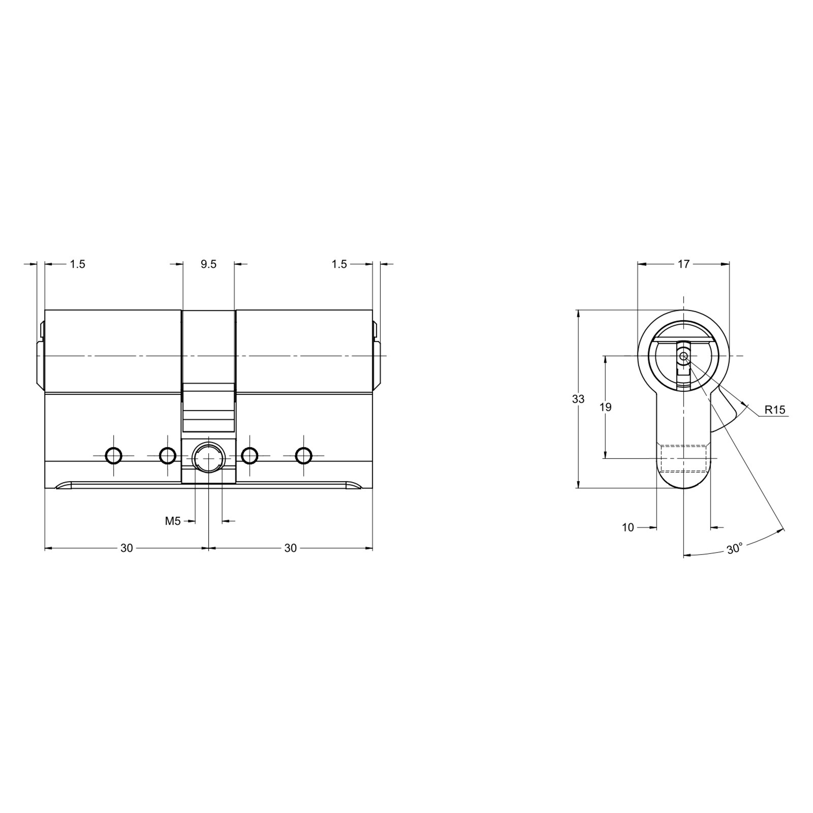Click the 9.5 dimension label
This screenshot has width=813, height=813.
(208, 264)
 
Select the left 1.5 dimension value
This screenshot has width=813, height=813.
(77, 264)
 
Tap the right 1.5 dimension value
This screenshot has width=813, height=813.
(339, 264)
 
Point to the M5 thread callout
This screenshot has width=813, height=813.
(173, 521)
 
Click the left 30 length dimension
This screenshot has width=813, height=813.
(127, 548)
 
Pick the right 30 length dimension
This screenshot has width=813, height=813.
(290, 548)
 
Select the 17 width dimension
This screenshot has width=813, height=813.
(683, 264)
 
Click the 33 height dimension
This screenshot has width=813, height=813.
(578, 399)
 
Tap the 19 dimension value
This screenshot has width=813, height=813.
(605, 407)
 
